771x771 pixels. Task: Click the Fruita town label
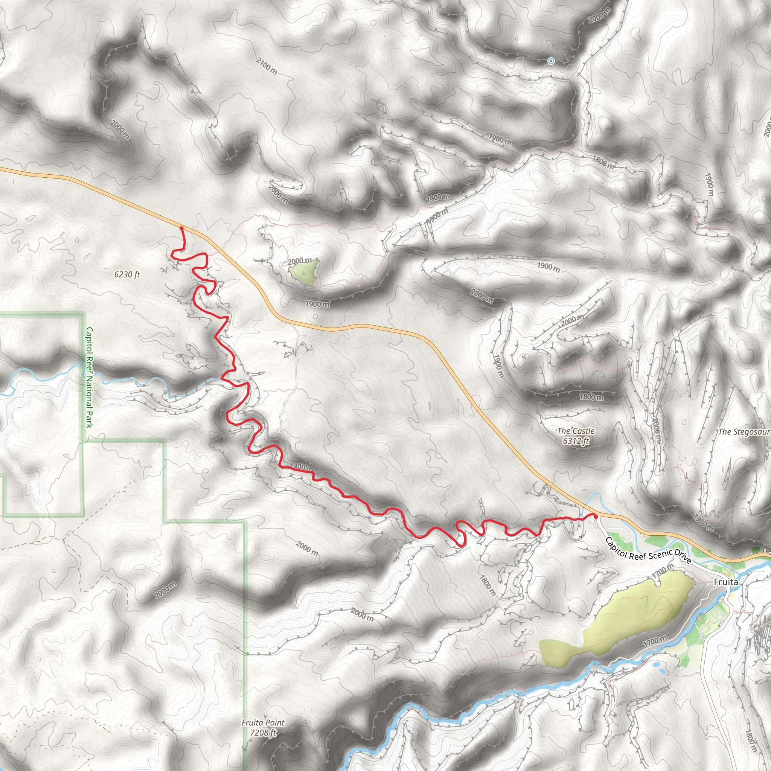point(725,582)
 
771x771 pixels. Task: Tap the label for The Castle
point(576,431)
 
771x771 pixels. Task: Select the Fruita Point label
point(263,723)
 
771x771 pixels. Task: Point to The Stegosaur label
point(744,432)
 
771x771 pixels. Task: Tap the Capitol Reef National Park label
point(89,377)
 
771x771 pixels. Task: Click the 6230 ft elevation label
point(127,274)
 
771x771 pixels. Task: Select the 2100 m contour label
point(267,66)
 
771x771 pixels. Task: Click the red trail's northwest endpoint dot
point(181,228)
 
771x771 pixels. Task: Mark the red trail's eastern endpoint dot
point(596,517)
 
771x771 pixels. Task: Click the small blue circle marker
point(551,61)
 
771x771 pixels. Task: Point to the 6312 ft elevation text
point(576,441)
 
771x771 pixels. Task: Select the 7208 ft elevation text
point(263,733)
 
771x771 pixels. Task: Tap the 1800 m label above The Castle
point(591,397)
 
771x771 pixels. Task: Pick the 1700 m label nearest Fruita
point(663,571)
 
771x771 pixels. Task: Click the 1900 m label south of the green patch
point(317,304)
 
